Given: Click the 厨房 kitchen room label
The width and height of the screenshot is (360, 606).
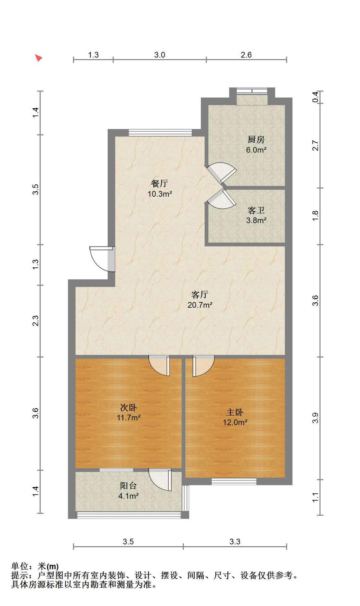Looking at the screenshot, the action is click(x=256, y=140).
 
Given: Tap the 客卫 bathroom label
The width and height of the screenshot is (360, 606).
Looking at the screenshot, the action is click(x=256, y=210).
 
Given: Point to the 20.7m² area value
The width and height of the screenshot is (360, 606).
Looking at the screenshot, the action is click(x=200, y=305).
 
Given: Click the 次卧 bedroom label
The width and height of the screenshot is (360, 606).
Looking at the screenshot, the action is click(x=129, y=407).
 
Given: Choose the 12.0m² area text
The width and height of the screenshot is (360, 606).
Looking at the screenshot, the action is click(x=235, y=422).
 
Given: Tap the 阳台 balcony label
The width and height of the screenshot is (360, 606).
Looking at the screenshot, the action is click(x=129, y=486).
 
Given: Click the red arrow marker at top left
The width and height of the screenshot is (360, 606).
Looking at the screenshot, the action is click(x=39, y=58).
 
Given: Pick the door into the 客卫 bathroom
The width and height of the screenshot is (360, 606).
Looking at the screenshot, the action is click(x=221, y=199).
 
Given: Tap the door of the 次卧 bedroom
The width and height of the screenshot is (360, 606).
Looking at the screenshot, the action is click(x=159, y=365).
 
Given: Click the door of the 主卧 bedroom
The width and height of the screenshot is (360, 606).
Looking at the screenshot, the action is click(x=203, y=366).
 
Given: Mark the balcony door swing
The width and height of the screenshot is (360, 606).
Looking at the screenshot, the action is click(x=160, y=480).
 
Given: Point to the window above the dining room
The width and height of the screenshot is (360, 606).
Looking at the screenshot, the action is click(x=160, y=133).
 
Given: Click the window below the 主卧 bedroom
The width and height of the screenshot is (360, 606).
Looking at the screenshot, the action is click(x=234, y=481).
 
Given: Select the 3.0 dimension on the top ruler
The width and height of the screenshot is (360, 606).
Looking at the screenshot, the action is click(x=160, y=55).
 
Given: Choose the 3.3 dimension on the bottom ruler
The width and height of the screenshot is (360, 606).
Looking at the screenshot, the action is click(x=235, y=542).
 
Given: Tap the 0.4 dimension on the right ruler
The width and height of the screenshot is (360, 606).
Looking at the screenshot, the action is click(x=315, y=97).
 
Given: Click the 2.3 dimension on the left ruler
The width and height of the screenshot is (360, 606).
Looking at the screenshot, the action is click(x=36, y=321).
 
